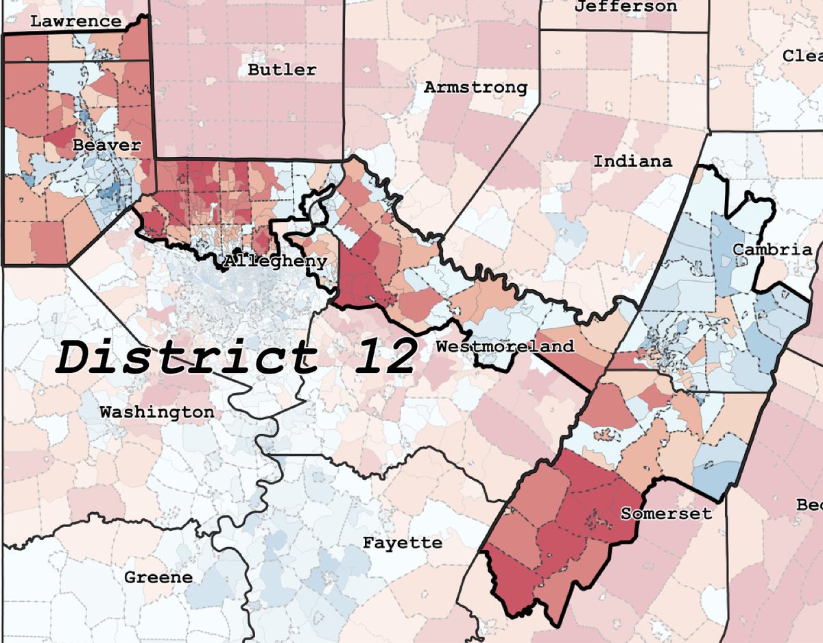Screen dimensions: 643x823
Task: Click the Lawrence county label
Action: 75,21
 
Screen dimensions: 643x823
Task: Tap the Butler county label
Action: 282,69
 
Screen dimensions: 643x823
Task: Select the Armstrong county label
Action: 475,87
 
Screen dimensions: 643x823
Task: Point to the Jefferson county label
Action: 625,7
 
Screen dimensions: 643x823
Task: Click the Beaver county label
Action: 106,145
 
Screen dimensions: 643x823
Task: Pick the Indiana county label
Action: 632,162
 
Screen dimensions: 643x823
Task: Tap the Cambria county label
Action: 772,250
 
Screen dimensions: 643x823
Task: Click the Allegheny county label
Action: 275,262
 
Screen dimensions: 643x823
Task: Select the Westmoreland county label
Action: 505,346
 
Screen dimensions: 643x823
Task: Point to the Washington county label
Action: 156,412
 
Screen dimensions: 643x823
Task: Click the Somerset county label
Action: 666,513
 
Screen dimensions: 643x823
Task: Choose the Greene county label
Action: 158,577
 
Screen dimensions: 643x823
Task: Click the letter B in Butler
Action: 253,69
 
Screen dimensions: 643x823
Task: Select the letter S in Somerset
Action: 625,513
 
